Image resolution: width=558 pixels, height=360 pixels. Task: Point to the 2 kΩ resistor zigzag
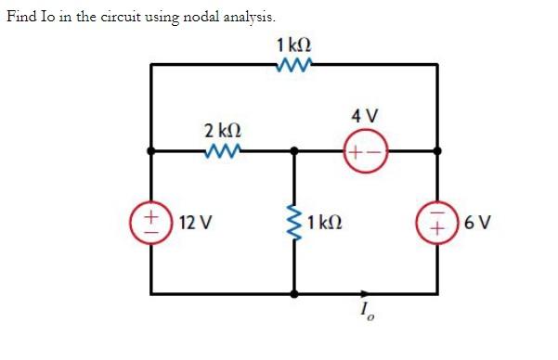click(x=223, y=150)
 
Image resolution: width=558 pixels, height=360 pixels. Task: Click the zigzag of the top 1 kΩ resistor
click(x=293, y=64)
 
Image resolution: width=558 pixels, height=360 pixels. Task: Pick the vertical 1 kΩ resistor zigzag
click(x=295, y=223)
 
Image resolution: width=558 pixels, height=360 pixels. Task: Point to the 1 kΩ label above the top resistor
click(x=293, y=43)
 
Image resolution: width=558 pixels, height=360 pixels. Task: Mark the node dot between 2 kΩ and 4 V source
click(x=295, y=150)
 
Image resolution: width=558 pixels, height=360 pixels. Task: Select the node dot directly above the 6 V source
click(x=438, y=150)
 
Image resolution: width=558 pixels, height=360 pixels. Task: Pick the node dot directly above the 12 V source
click(x=150, y=150)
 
